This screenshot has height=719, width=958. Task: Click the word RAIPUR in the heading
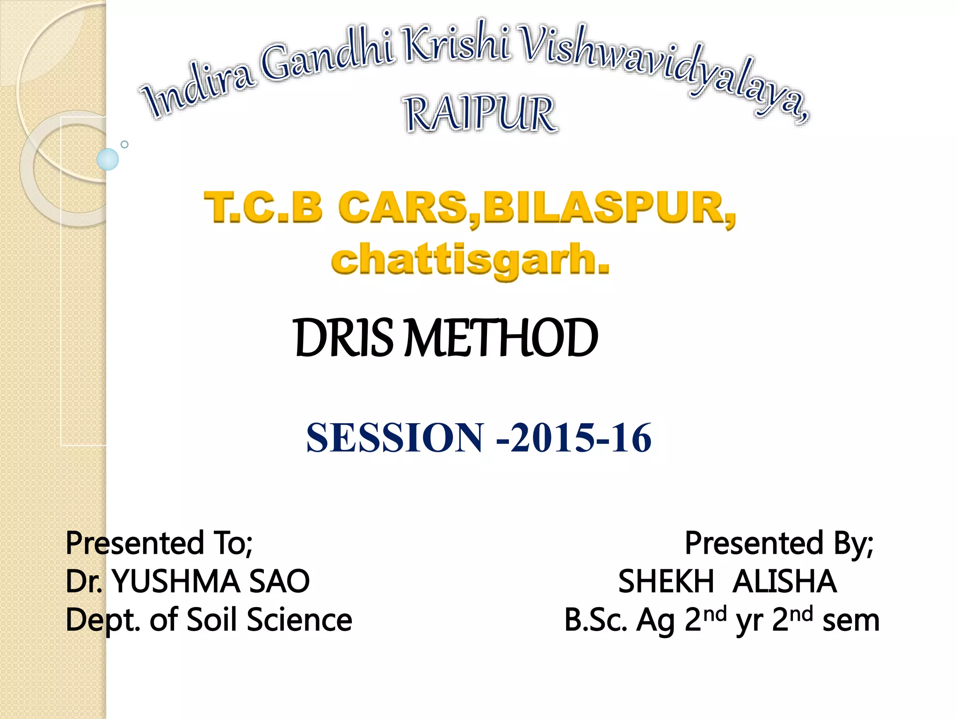(x=480, y=114)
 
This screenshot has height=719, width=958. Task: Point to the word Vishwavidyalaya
(x=664, y=70)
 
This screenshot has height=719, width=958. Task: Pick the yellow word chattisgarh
(x=470, y=260)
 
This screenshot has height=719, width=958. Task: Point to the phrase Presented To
(x=159, y=543)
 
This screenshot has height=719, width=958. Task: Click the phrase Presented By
(x=779, y=543)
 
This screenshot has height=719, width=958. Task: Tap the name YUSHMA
(x=177, y=581)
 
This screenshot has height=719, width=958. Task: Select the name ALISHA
(x=784, y=581)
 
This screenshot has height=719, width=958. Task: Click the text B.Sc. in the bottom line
(x=595, y=620)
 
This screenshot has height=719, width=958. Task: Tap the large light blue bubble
(x=108, y=159)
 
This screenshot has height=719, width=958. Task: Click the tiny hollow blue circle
(x=124, y=144)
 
